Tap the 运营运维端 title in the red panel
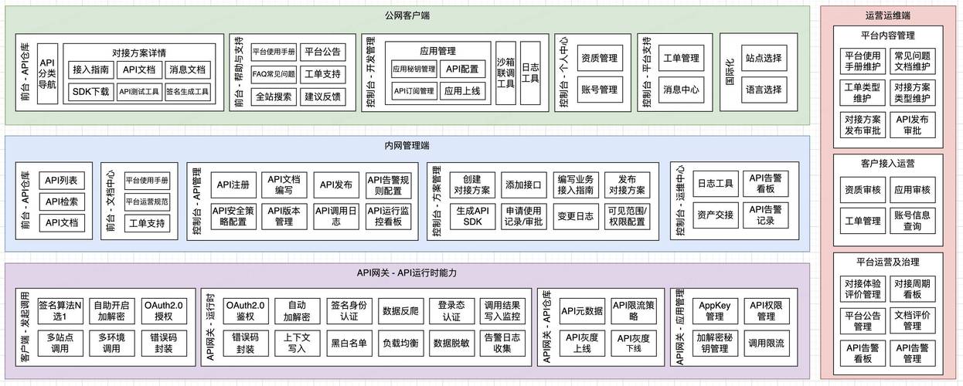point(887,15)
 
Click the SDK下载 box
point(90,92)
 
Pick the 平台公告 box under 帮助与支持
point(322,52)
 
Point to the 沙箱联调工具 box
point(505,73)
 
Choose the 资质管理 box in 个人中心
point(599,58)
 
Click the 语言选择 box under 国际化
point(763,90)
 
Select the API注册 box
point(233,185)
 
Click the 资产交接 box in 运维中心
point(715,215)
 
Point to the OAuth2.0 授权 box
point(164,311)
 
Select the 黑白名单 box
point(349,342)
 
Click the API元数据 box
point(583,311)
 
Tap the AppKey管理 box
point(715,311)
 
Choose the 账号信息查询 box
point(912,221)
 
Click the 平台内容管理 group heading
point(887,35)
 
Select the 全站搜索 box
point(274,96)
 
